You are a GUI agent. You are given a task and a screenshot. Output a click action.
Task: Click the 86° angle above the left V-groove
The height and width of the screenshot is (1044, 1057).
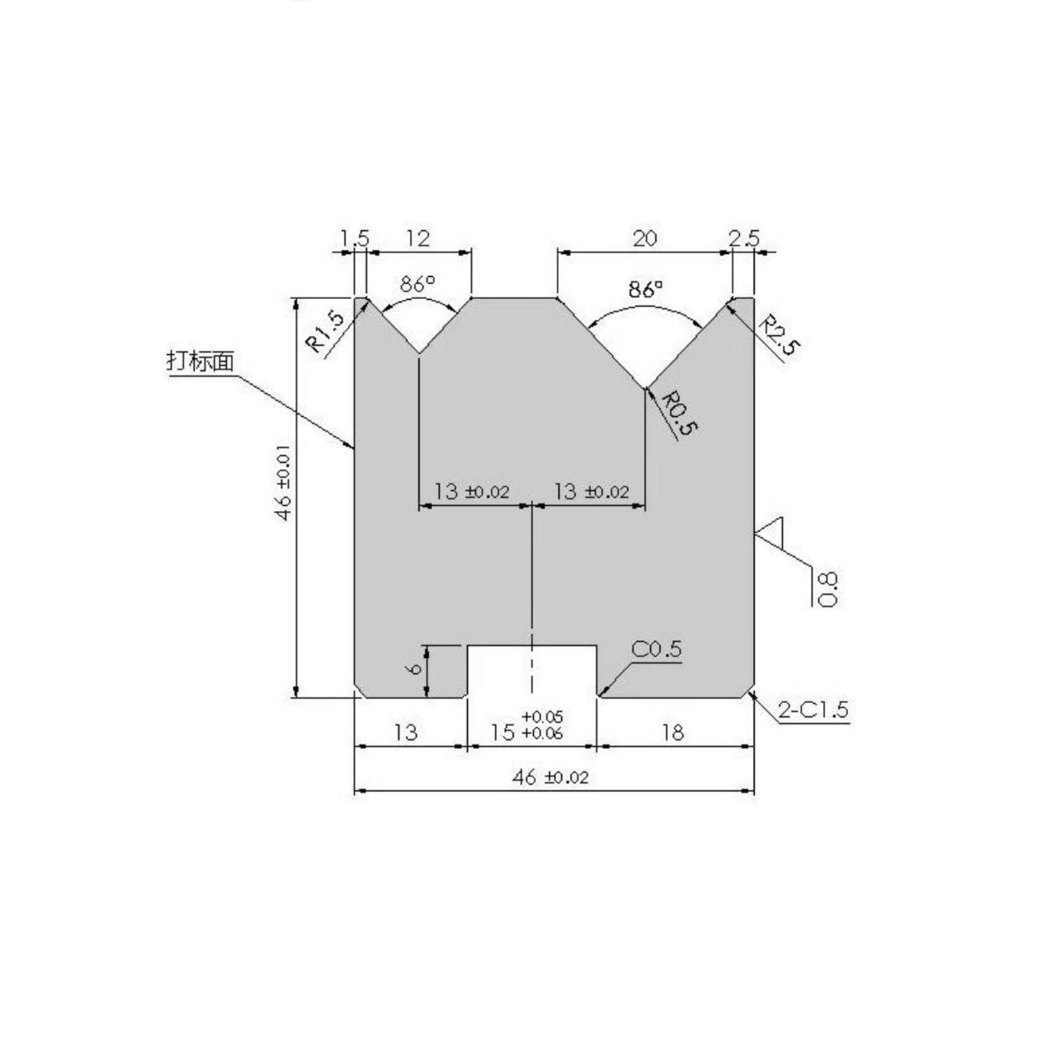pos(418,284)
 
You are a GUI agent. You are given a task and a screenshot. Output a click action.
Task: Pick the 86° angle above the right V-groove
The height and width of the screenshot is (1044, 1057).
pos(645,289)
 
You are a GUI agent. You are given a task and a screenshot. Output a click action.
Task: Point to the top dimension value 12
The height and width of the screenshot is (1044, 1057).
pos(418,238)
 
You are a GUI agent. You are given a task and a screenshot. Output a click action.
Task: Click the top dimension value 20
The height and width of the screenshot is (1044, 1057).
pos(644,238)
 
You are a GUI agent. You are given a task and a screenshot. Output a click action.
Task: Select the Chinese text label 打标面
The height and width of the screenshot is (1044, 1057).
pos(200,361)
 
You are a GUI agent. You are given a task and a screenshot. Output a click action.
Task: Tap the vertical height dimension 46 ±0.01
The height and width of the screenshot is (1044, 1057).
pos(284,482)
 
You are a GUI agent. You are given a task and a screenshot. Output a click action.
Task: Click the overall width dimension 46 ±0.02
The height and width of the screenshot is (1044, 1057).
pos(550,776)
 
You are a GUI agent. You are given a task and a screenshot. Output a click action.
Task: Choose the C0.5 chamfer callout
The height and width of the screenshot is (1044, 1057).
pos(656,649)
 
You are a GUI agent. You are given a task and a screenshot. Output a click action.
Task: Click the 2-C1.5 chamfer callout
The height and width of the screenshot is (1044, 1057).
pos(813,710)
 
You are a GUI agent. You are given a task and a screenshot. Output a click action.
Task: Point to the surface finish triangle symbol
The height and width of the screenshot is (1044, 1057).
pos(771,532)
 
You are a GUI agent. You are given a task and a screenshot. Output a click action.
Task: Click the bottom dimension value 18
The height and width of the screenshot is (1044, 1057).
pos(672,732)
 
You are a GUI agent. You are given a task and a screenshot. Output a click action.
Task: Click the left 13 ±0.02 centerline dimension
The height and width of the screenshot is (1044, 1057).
pos(471,492)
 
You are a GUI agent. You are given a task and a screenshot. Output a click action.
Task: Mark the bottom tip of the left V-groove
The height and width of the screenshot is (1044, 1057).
pos(418,353)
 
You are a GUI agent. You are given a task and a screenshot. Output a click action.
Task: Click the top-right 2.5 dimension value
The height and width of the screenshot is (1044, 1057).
pos(743,238)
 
